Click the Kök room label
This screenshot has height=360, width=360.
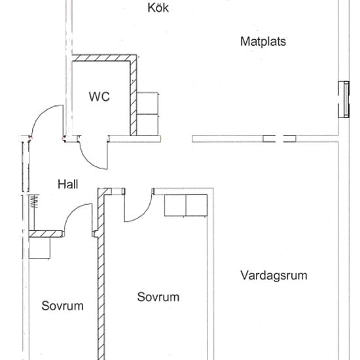point(158,9)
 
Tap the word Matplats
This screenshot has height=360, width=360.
point(263,41)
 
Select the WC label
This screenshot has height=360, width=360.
point(99,97)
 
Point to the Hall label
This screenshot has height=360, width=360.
point(67,185)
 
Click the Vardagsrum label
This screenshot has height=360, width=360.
point(274,275)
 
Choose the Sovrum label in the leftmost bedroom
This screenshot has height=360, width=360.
point(63,306)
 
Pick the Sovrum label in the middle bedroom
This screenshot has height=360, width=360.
point(158,297)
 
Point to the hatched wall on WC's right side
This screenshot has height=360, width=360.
point(134,95)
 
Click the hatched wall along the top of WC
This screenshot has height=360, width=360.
point(105,58)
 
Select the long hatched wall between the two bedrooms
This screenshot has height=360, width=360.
point(101,275)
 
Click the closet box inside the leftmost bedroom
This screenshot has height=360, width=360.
point(40,247)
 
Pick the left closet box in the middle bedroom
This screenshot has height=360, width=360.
point(175,206)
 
